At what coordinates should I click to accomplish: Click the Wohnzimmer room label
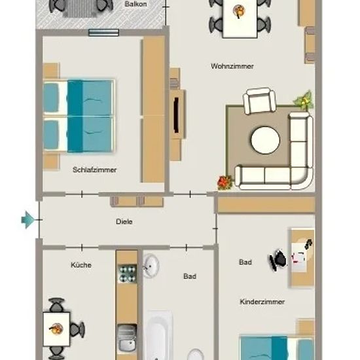pos(232,66)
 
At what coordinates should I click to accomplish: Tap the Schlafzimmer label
pos(95,170)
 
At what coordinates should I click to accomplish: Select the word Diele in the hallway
pos(124,221)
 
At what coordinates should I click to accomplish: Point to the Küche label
pos(81,264)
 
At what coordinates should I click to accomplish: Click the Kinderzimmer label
pos(262,302)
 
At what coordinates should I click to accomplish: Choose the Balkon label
pos(135,4)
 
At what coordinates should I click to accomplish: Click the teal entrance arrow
pos(27,220)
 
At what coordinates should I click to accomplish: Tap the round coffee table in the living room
pos(265,140)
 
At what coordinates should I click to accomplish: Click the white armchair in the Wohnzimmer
pos(260,101)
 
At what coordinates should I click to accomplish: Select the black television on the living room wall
pos(176,115)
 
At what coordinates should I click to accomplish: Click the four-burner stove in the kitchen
pos(127,274)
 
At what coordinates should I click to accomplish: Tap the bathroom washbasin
pos(151,266)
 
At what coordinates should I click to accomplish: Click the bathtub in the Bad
pos(159,335)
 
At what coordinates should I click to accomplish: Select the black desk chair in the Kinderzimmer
pos(278,260)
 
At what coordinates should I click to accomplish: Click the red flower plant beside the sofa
pos(225,183)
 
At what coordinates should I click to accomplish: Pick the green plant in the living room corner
pos(304,100)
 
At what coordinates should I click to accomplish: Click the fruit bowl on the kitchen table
pos(56,329)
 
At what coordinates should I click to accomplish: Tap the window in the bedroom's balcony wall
pos(103,33)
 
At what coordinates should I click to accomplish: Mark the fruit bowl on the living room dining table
pos(239,12)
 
